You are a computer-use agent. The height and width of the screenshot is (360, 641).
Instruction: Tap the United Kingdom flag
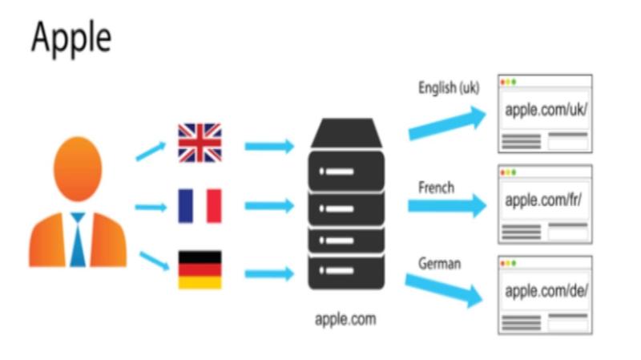200,143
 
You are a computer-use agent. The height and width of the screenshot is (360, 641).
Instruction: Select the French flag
200,206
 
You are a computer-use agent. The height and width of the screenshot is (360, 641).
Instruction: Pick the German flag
200,270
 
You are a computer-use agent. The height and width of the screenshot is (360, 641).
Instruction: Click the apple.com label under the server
345,319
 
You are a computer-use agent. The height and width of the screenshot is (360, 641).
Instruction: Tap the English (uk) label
449,88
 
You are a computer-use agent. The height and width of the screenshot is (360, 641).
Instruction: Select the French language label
436,188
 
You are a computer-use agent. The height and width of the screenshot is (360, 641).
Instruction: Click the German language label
439,263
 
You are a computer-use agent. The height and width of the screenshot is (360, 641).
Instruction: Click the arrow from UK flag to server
269,147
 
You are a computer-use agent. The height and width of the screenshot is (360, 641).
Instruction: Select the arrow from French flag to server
269,207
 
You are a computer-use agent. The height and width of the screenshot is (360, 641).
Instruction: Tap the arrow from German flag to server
269,273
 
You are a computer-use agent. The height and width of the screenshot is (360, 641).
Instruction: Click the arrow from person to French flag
151,208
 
